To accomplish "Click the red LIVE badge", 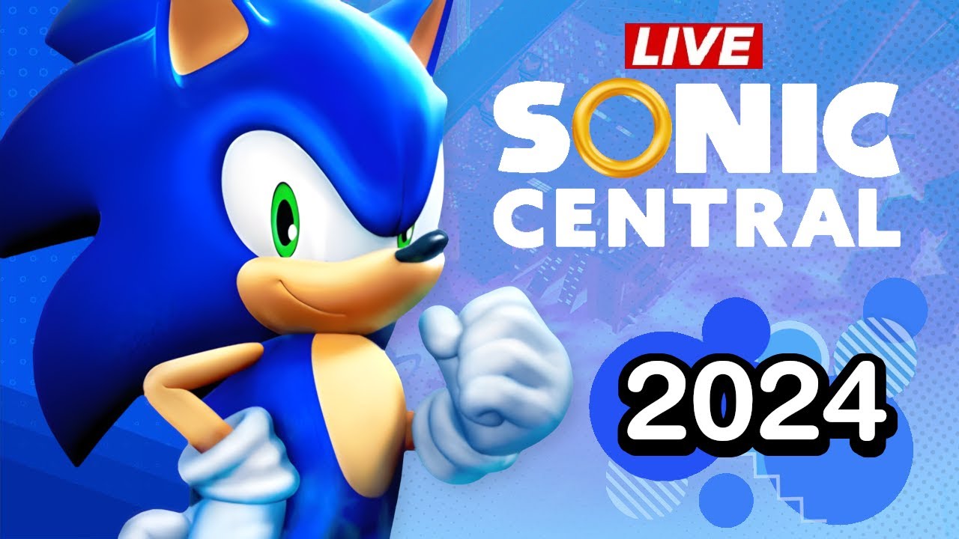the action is coord(694,46).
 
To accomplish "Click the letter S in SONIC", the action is coord(539,127).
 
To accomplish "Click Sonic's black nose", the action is coord(421,246).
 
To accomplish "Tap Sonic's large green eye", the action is coord(287,219).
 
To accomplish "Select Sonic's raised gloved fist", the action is coord(492,377).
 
